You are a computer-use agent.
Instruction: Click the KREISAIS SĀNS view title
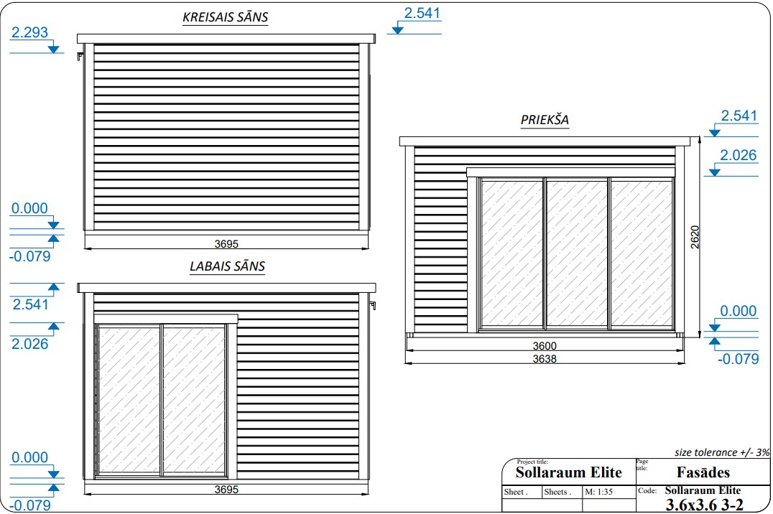(226, 17)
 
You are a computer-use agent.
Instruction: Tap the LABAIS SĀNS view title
(227, 266)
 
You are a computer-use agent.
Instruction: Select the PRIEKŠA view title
(545, 120)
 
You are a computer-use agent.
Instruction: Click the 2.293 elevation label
(29, 32)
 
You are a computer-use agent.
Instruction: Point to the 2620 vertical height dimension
(695, 237)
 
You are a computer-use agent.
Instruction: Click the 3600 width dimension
(545, 346)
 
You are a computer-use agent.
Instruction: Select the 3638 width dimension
(545, 359)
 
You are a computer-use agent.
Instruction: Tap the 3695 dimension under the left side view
(226, 243)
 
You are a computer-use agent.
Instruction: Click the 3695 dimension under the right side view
(226, 490)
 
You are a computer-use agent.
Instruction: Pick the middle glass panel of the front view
(577, 253)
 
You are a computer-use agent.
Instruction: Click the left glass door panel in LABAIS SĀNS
(129, 400)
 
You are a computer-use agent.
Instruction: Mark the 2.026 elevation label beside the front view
(738, 155)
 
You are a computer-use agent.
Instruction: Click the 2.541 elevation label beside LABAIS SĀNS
(31, 304)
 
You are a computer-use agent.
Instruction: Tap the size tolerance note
(722, 452)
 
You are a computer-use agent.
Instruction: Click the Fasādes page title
(703, 472)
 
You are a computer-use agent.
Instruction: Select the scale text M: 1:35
(598, 492)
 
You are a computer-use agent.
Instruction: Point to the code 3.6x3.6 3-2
(705, 505)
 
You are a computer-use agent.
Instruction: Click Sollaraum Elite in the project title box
(569, 472)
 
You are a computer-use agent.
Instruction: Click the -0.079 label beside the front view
(738, 359)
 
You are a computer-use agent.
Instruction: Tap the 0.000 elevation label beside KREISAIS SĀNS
(29, 208)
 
